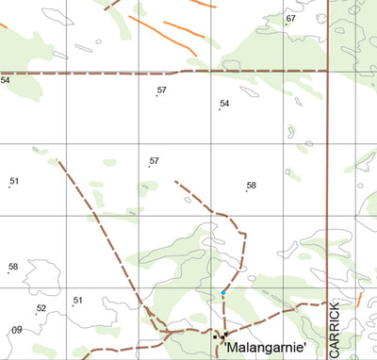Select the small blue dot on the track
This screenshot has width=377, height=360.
pyautogui.click(x=223, y=294)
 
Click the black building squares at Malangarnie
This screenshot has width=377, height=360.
pyautogui.click(x=221, y=335)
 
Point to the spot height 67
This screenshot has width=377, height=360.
pyautogui.click(x=290, y=19)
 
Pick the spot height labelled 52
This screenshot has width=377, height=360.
pyautogui.click(x=41, y=308)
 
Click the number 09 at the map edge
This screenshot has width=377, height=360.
pyautogui.click(x=16, y=330)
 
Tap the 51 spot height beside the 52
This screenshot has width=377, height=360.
pyautogui.click(x=78, y=301)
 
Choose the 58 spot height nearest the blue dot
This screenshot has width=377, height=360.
pyautogui.click(x=251, y=186)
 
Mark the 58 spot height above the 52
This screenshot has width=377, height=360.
pyautogui.click(x=13, y=267)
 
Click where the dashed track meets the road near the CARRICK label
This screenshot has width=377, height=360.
pyautogui.click(x=325, y=304)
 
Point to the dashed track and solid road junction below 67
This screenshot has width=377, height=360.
pyautogui.click(x=326, y=71)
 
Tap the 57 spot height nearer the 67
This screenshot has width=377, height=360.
pyautogui.click(x=161, y=90)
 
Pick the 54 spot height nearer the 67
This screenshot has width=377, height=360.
pyautogui.click(x=224, y=104)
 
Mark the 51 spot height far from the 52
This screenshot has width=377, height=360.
pyautogui.click(x=14, y=181)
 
